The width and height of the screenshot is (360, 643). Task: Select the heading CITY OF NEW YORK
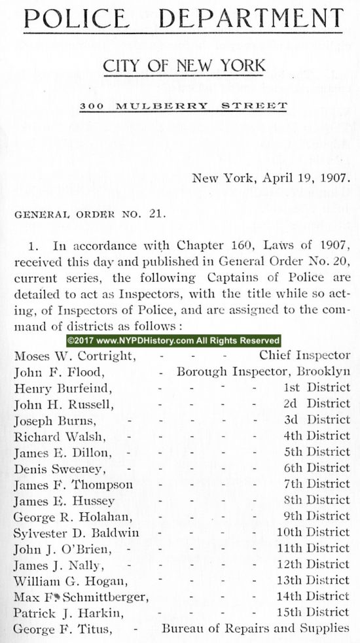tap(183, 65)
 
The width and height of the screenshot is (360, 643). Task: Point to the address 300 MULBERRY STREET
tap(183, 105)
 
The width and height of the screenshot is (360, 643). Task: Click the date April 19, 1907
tap(296, 177)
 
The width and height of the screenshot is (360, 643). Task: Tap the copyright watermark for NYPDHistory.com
tap(173, 341)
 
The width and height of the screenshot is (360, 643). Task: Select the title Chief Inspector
tap(304, 356)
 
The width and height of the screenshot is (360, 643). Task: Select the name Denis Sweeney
tap(60, 468)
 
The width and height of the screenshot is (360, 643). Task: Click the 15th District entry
tap(312, 612)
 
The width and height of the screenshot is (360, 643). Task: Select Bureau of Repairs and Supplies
tap(256, 628)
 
